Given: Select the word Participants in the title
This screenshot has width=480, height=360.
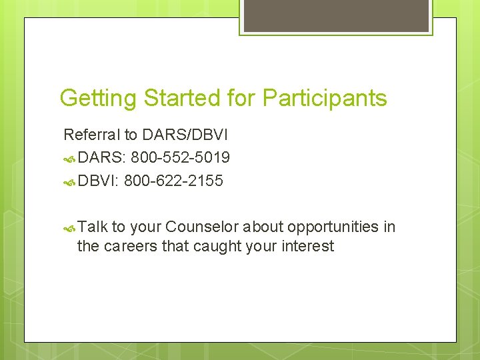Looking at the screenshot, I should pos(325,99).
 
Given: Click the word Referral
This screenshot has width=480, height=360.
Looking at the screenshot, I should pos(92,135).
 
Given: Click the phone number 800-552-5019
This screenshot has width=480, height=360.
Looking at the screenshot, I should pos(181,158).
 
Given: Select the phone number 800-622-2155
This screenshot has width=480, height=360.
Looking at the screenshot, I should pos(173,181).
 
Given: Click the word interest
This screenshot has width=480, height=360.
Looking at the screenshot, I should pos(307,247).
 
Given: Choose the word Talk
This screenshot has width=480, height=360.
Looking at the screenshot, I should pos(93,227).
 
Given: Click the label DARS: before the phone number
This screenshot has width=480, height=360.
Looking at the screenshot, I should pos(102,158).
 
